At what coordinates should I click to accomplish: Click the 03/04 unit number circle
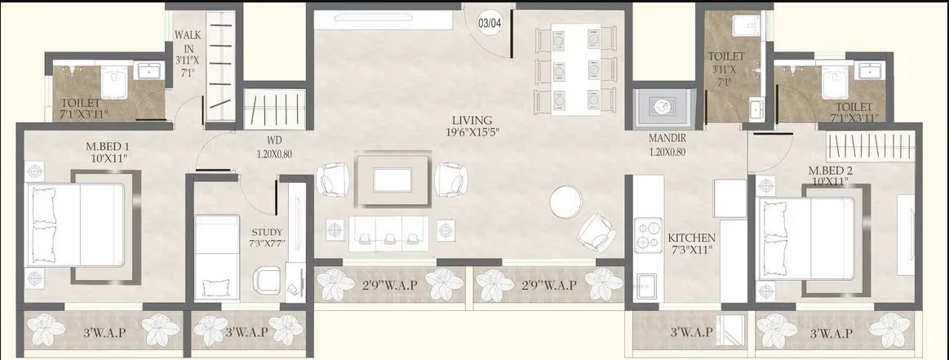pyautogui.click(x=489, y=23)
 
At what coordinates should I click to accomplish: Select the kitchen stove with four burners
pyautogui.click(x=650, y=234)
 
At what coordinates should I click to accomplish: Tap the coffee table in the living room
pyautogui.click(x=393, y=180)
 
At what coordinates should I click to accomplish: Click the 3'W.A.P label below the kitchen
pyautogui.click(x=690, y=333)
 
